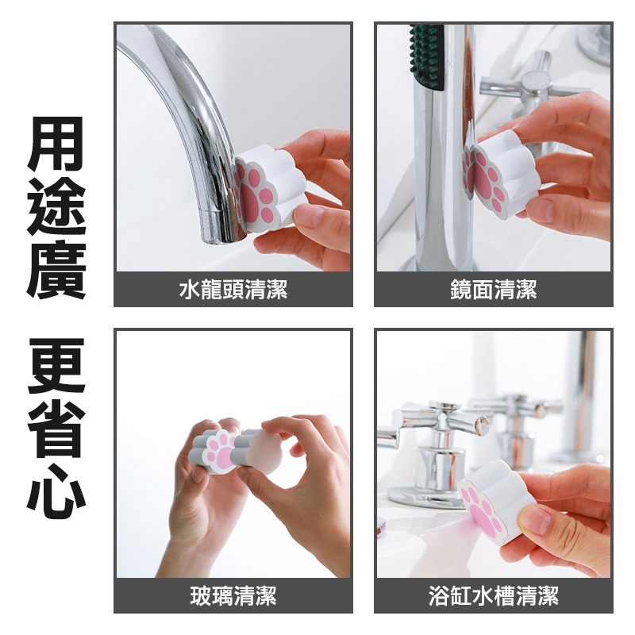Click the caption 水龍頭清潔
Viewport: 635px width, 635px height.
233,291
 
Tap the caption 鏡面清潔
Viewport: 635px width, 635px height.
493,291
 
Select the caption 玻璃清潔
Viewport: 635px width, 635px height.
233,596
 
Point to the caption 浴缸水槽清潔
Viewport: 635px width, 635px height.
493,596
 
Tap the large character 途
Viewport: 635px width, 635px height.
56,207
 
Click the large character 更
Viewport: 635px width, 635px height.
56,368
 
